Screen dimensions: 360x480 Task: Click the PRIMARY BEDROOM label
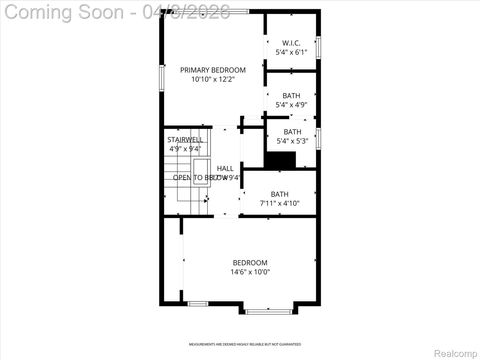click(213, 70)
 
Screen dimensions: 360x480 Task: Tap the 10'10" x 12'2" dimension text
click(213, 80)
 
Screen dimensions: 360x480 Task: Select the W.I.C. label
click(291, 43)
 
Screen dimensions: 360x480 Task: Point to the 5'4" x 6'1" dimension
click(291, 53)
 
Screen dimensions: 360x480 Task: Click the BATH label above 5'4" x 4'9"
click(291, 95)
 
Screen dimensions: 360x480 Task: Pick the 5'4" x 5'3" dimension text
click(291, 141)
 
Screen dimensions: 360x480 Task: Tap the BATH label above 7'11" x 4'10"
click(279, 194)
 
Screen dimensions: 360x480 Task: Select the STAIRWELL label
click(185, 139)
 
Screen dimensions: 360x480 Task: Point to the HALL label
click(225, 168)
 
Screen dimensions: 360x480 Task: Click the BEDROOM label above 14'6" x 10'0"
click(250, 262)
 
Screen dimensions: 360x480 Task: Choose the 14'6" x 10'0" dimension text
click(250, 272)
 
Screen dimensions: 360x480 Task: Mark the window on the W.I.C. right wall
click(319, 50)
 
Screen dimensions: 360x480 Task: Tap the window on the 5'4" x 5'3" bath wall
click(319, 135)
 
